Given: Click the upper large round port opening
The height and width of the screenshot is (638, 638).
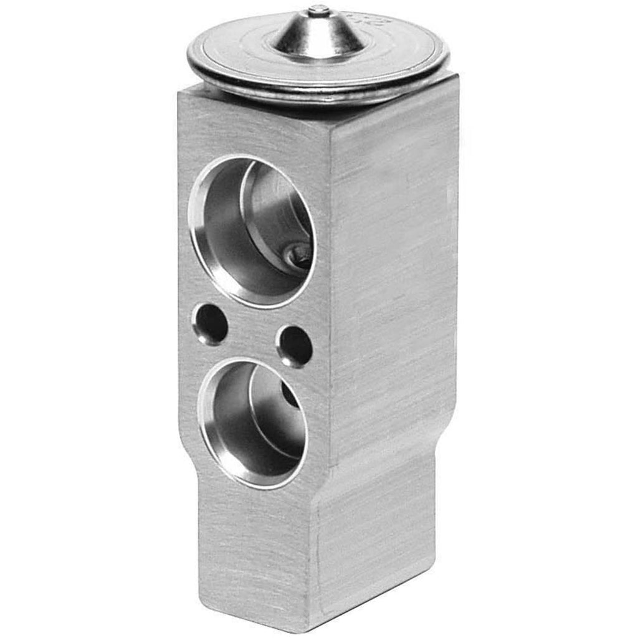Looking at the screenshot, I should pyautogui.click(x=252, y=231).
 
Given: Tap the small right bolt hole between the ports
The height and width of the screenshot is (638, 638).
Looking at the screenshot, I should pyautogui.click(x=295, y=346).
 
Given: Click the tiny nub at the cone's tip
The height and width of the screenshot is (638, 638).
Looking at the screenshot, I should pyautogui.click(x=318, y=9).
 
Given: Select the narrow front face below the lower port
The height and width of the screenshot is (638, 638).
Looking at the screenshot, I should pyautogui.click(x=255, y=548).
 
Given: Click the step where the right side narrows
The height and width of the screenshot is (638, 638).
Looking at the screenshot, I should pyautogui.click(x=445, y=430).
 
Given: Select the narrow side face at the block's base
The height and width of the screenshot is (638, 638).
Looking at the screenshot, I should pyautogui.click(x=374, y=548).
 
